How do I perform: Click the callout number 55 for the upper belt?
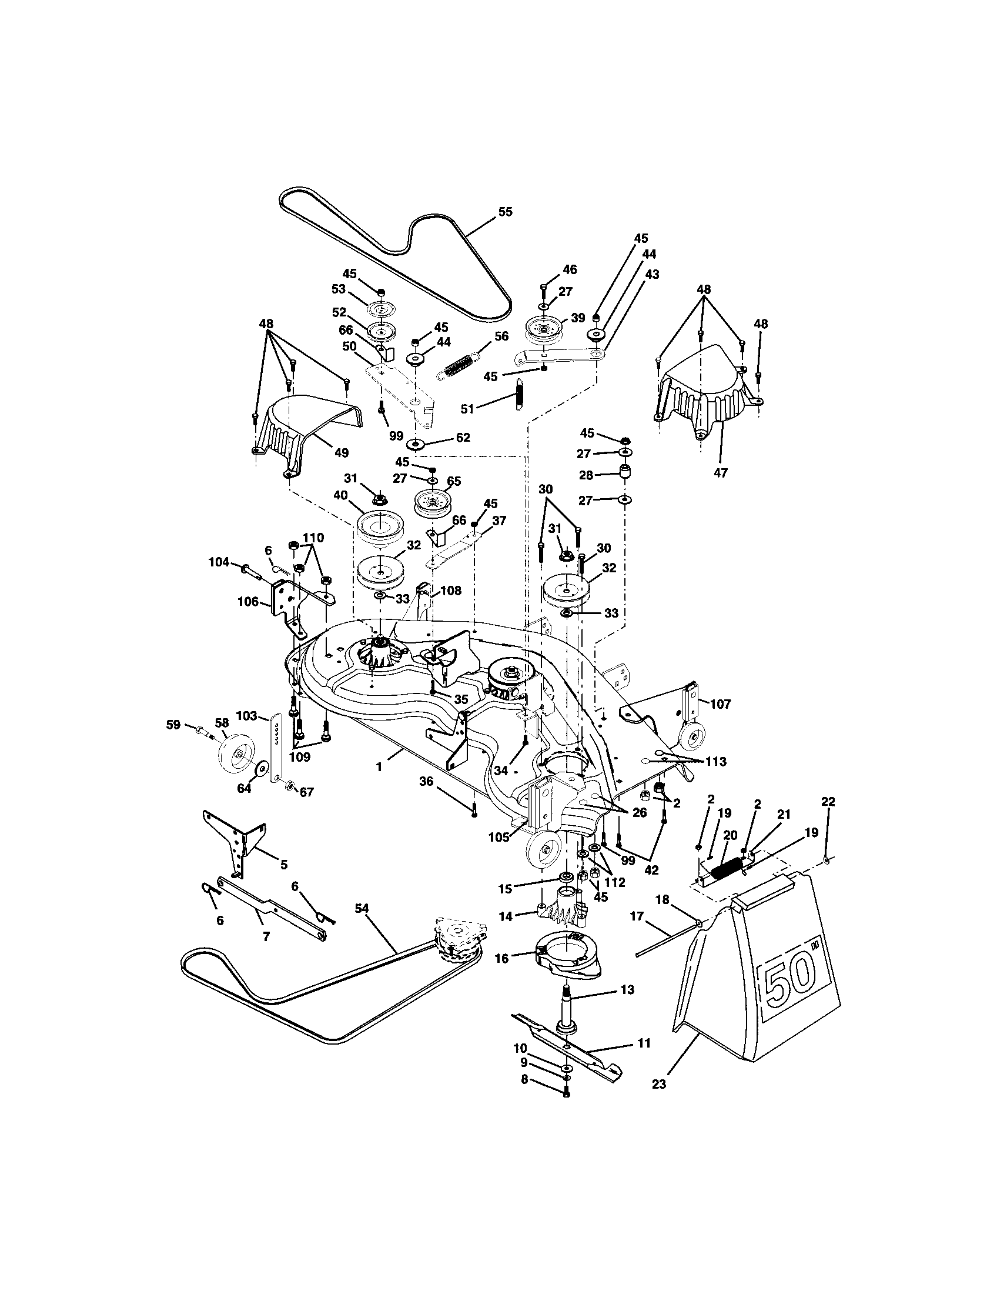[x=505, y=212]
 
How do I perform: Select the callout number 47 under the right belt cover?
[x=721, y=473]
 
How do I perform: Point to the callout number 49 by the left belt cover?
[x=341, y=453]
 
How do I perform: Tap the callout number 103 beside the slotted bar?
[x=246, y=716]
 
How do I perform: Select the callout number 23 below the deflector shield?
[x=658, y=1084]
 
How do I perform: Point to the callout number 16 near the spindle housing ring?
[x=501, y=958]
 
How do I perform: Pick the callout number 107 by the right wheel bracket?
[x=721, y=704]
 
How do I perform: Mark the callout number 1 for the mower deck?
[x=379, y=766]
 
